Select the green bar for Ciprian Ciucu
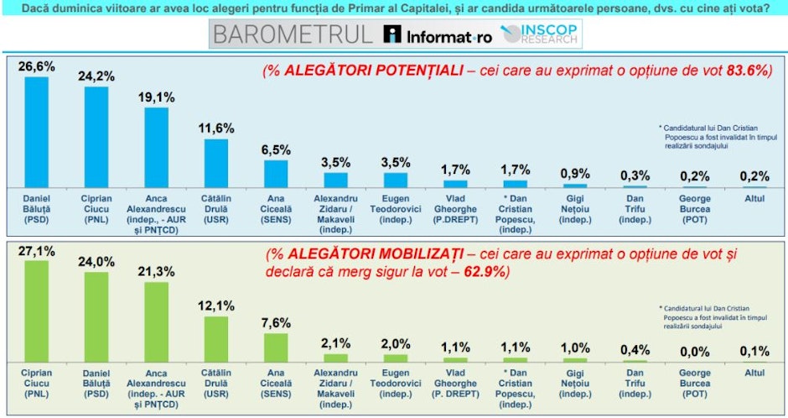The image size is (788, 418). (36, 311)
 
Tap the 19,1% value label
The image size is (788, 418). (157, 97)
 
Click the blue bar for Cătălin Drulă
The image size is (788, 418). (216, 163)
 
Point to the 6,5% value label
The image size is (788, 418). (277, 149)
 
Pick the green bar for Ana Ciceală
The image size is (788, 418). (277, 347)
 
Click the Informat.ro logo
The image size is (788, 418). (437, 35)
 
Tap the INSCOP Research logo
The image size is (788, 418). (541, 34)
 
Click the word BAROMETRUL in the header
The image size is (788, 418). (292, 35)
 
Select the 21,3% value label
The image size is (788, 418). (157, 272)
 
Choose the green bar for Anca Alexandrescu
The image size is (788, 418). (157, 321)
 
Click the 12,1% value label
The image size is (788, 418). (216, 306)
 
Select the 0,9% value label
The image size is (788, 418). (575, 173)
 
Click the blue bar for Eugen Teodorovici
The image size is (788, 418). (396, 179)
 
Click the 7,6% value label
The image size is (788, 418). (277, 323)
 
